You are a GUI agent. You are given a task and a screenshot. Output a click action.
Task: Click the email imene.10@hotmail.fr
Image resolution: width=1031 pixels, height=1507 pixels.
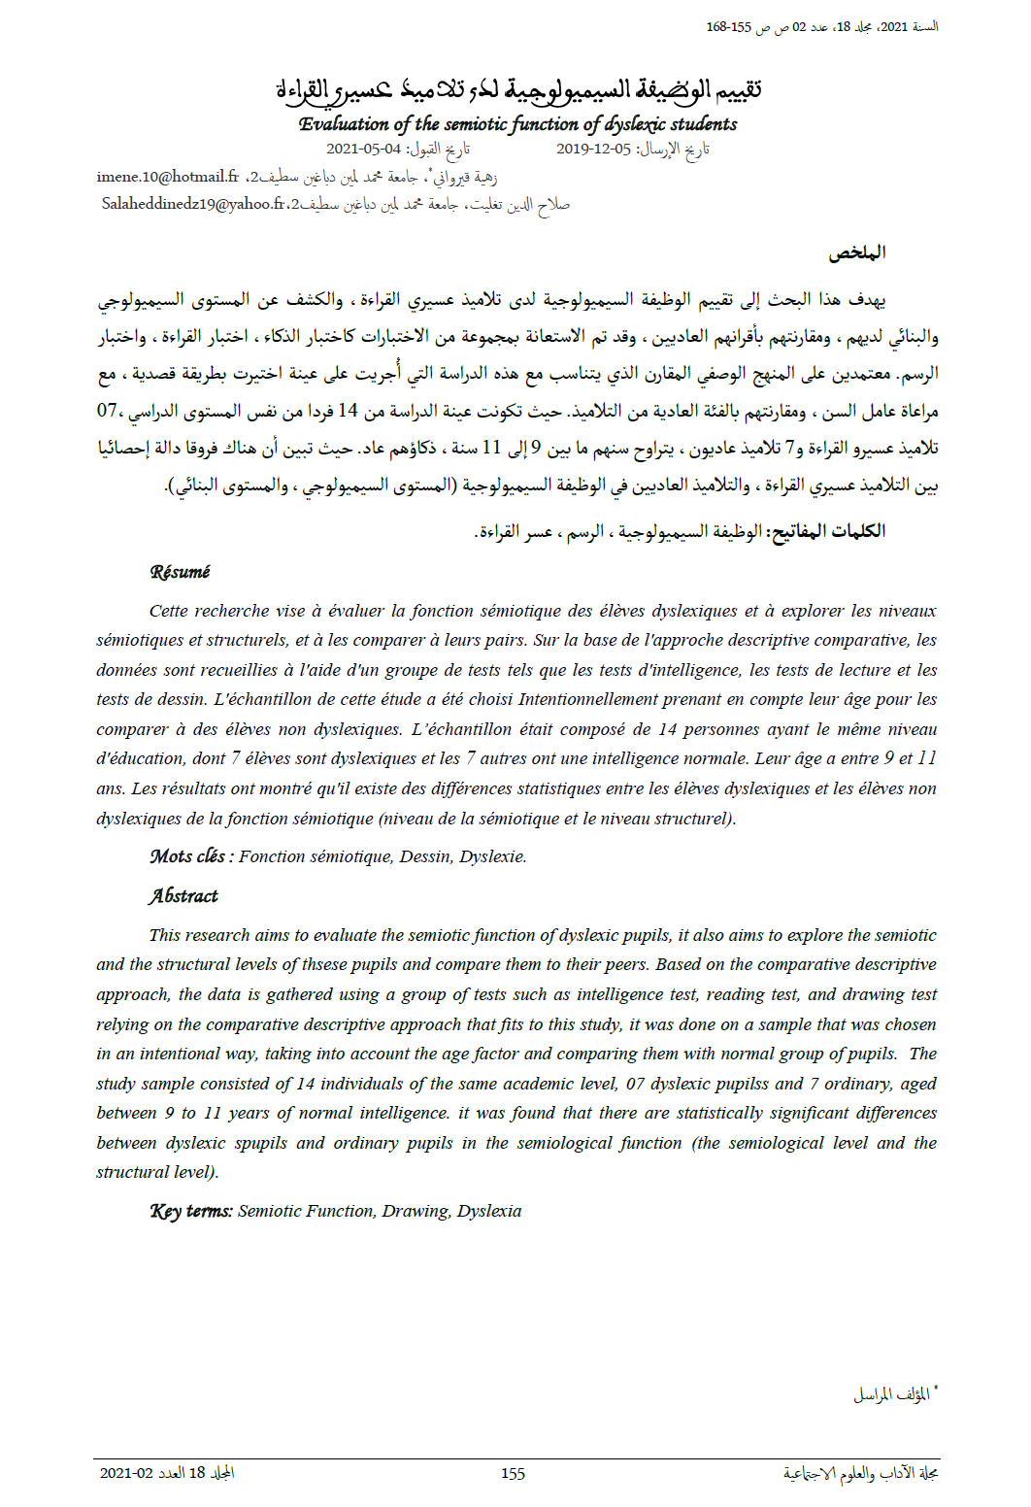point(167,177)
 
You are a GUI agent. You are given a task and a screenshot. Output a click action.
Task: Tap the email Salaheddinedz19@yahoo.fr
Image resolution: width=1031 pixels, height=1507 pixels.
point(194,204)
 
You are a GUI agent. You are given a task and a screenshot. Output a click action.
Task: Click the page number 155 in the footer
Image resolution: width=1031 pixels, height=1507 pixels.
point(513,1473)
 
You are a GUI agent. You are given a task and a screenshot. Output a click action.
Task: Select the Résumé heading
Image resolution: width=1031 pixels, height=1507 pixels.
point(180,572)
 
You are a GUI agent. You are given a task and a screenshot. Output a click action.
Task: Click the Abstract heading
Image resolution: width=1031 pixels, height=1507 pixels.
point(183,895)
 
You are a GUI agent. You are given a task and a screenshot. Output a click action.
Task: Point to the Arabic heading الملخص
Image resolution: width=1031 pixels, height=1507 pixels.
point(857,252)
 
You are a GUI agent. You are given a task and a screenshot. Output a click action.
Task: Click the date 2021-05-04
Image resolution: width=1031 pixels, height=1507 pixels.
point(363,149)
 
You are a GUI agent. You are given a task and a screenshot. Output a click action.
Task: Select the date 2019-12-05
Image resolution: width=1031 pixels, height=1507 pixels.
point(593,149)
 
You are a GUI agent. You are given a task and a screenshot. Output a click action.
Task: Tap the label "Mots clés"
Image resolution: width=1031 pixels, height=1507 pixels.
point(187,855)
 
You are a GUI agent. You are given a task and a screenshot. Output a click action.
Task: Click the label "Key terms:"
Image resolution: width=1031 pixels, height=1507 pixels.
point(191,1211)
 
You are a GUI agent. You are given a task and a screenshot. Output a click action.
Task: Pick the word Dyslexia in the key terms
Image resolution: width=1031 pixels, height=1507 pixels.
point(489,1211)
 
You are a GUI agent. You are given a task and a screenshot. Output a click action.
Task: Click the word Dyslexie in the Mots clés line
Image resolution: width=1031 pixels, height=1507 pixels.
point(492,856)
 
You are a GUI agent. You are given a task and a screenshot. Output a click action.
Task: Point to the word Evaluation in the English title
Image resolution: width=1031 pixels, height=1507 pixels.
point(344,124)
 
